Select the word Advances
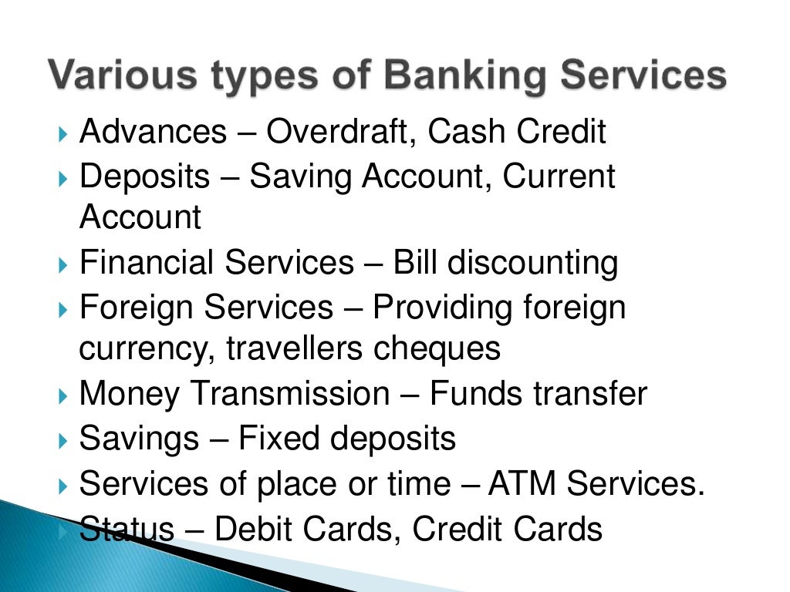(x=154, y=132)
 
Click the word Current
(x=559, y=177)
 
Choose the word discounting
(x=533, y=263)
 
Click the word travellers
(x=295, y=348)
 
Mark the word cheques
(x=437, y=348)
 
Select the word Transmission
(x=290, y=394)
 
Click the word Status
(x=127, y=530)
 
